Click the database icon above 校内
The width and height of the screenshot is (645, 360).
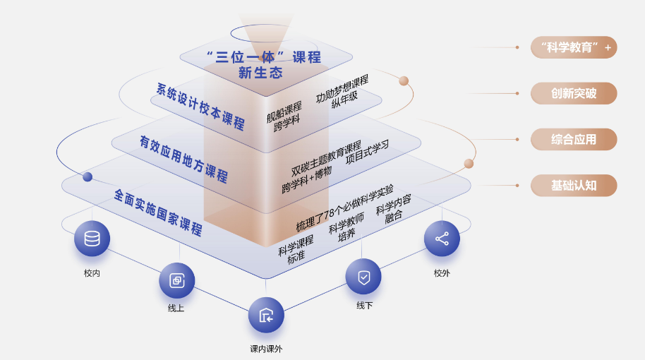(x=92, y=239)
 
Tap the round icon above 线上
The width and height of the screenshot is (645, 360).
(x=176, y=280)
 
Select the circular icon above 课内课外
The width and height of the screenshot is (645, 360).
(x=266, y=315)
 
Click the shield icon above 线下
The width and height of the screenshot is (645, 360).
(x=363, y=277)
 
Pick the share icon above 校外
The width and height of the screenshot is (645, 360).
(x=442, y=239)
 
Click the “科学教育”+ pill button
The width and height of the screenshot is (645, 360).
(x=574, y=47)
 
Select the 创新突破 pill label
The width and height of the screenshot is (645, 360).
(x=574, y=93)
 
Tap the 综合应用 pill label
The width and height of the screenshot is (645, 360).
(x=574, y=139)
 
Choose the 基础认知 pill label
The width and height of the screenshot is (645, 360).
(x=574, y=186)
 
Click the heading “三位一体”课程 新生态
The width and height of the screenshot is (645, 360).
(x=263, y=64)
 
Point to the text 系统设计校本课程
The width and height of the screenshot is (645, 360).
(x=200, y=107)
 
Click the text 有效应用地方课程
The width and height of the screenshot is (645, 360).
(x=183, y=158)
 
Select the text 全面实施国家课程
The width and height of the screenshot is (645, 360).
(x=158, y=211)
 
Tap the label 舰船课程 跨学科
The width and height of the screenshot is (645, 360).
(x=285, y=112)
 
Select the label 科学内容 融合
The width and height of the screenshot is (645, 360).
(x=394, y=208)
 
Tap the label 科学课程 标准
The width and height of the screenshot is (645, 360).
(x=296, y=248)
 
